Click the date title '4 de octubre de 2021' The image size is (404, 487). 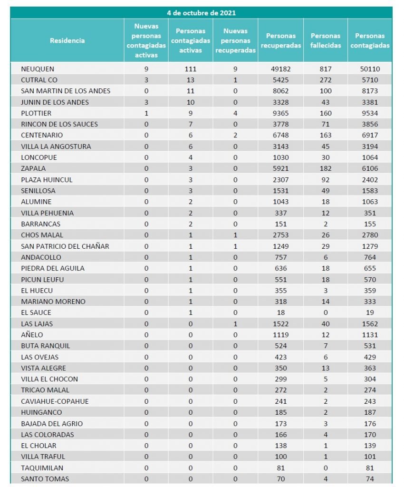point(202,13)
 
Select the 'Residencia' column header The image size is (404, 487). point(67,40)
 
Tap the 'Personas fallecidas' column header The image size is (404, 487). point(326,40)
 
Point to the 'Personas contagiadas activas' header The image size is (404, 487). point(191,40)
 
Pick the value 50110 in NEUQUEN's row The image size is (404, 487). point(370,69)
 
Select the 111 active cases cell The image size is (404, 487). point(191,69)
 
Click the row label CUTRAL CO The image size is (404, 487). point(39,80)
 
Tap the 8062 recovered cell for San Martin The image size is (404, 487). point(280,91)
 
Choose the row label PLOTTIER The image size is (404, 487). point(36,113)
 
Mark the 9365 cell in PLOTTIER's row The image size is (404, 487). point(280,113)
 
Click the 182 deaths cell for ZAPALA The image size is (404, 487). point(326,168)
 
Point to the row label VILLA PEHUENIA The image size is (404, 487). point(47,213)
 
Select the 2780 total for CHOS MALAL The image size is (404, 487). point(370,235)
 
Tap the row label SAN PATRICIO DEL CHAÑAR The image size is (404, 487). point(65,246)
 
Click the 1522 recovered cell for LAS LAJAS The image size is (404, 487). point(280,324)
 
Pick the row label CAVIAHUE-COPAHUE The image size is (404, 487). point(55,401)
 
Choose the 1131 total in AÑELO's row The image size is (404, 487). point(370,335)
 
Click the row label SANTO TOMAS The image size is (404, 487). point(45,479)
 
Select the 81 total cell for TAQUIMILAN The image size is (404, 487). point(370,468)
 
